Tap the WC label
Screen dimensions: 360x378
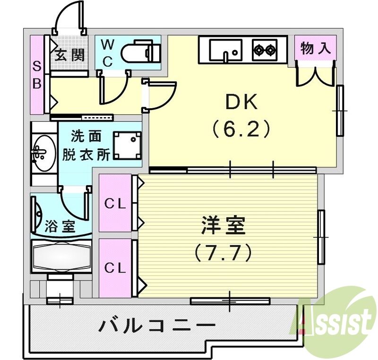pos(108,53)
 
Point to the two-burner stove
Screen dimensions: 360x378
pos(264,49)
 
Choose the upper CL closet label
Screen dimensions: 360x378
pos(115,204)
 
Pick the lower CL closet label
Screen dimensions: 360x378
pos(115,268)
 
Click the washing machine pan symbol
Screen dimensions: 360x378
pos(127,145)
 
